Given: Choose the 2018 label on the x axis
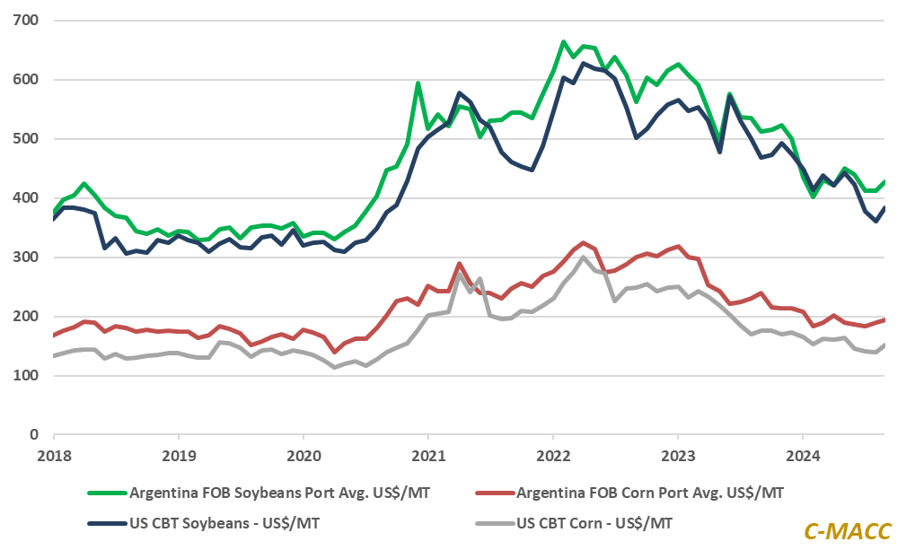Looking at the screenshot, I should tap(54, 455).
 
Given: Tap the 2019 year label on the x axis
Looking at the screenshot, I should tap(179, 455).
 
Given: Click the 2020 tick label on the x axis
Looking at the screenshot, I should tap(303, 455).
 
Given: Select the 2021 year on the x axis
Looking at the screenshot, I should tap(428, 455).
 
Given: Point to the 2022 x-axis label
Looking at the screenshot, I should tap(553, 455).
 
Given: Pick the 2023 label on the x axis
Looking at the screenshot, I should tap(678, 455).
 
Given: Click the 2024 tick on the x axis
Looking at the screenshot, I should tap(803, 455).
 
